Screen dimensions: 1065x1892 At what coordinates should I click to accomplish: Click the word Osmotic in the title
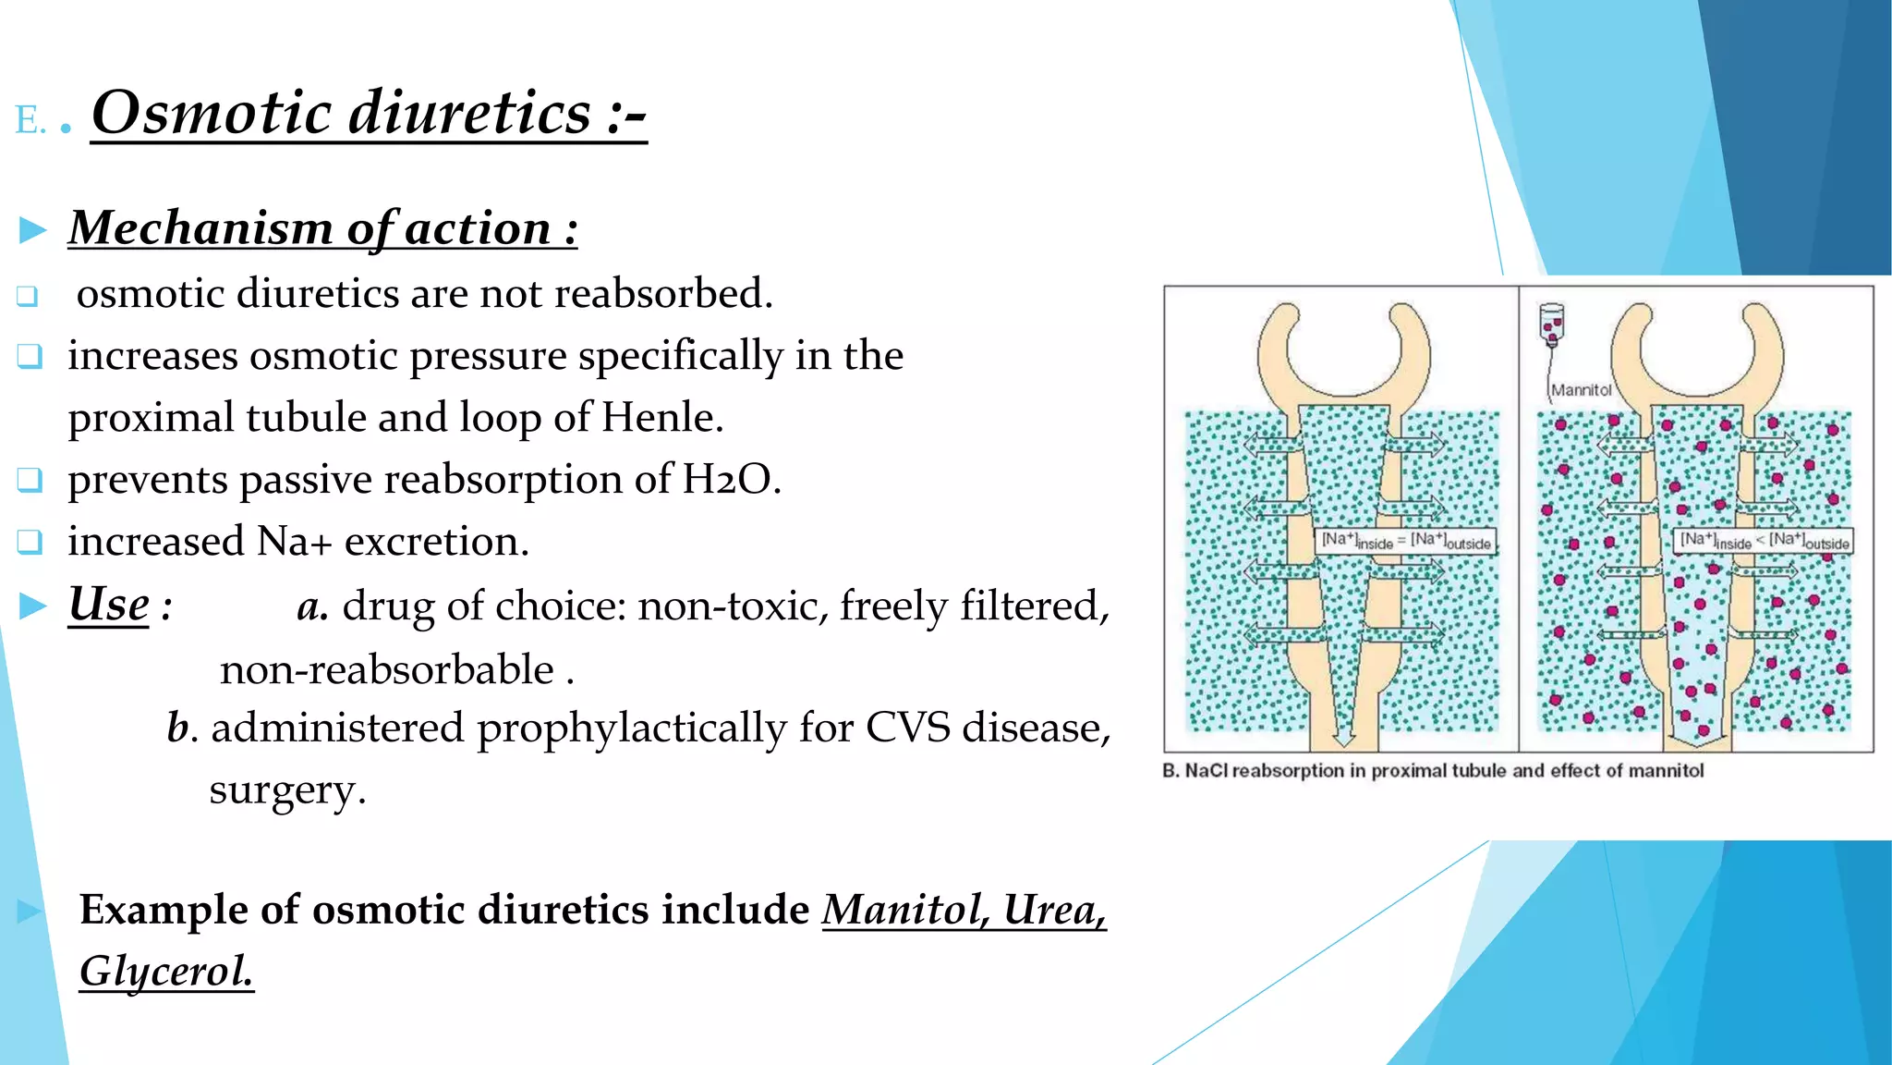[x=212, y=113]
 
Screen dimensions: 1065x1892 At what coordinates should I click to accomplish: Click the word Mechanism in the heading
[x=200, y=227]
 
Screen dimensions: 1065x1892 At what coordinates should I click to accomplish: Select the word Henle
[x=661, y=418]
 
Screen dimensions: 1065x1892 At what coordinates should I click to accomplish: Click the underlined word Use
[x=109, y=606]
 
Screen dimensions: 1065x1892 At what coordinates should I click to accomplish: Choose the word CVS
[x=907, y=728]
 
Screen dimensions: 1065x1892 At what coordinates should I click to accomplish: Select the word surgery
[x=286, y=790]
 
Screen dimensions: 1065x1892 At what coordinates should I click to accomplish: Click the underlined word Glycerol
[x=166, y=972]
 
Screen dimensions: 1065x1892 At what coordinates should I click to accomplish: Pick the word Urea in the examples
[x=1054, y=910]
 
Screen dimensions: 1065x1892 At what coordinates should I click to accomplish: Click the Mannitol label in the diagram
[x=1581, y=390]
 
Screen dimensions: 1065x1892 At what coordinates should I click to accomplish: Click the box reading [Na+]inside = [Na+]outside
[x=1405, y=541]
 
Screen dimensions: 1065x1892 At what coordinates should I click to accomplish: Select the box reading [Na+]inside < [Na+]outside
[x=1764, y=541]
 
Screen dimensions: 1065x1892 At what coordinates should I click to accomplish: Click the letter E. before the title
[x=30, y=121]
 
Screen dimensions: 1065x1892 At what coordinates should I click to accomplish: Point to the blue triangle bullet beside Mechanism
[x=33, y=229]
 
